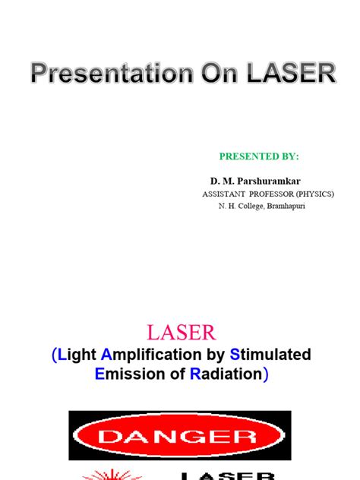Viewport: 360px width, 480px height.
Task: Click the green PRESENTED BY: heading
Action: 259,156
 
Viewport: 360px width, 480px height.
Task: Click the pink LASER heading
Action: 180,332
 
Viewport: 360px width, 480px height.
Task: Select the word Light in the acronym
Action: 78,355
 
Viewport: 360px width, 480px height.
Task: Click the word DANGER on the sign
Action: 180,436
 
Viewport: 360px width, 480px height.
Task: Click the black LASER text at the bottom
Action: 228,475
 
